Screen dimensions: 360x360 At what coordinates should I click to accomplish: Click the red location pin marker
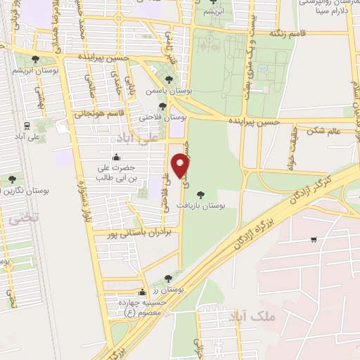(x=181, y=167)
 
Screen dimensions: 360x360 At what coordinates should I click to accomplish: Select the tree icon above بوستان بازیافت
(x=202, y=193)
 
